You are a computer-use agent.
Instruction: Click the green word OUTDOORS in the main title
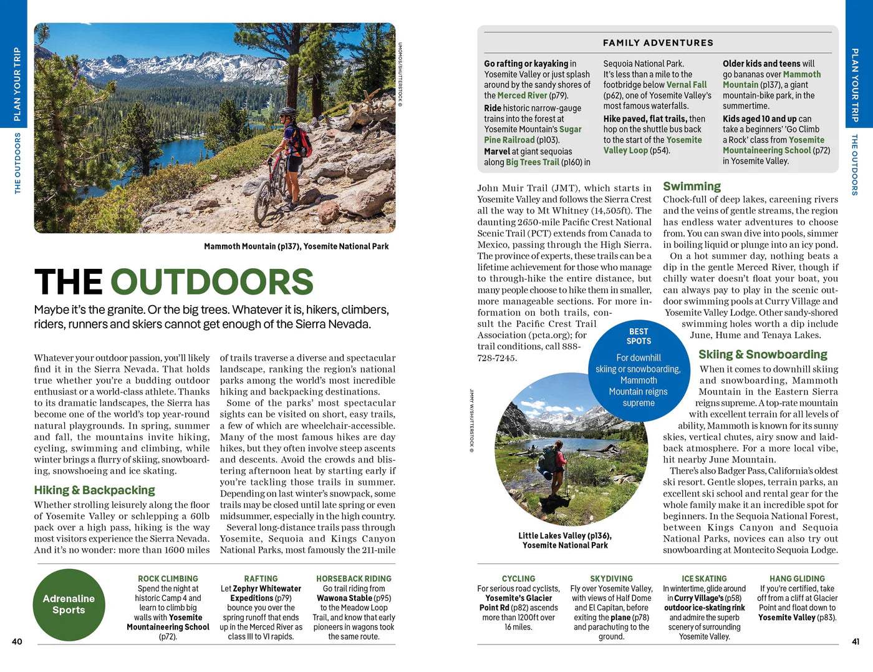(212, 281)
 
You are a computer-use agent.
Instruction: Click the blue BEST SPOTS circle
(638, 368)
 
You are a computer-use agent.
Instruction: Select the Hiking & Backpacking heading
(94, 490)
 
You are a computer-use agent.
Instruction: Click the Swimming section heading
(692, 186)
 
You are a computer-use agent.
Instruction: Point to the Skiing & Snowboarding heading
(762, 354)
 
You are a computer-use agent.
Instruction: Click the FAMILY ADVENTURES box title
(658, 42)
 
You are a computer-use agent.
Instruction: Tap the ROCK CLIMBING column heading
(168, 578)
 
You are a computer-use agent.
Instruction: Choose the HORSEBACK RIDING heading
(354, 578)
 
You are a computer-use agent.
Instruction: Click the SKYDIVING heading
(611, 578)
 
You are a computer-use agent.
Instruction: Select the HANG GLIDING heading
(797, 578)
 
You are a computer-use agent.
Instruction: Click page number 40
(17, 641)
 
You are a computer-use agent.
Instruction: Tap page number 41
(856, 641)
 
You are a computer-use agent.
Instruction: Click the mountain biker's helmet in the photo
(287, 111)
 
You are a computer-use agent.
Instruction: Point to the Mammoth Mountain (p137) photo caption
(296, 246)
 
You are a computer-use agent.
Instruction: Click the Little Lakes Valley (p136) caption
(565, 540)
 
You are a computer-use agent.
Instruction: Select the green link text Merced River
(522, 95)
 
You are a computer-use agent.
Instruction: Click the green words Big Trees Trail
(532, 162)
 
